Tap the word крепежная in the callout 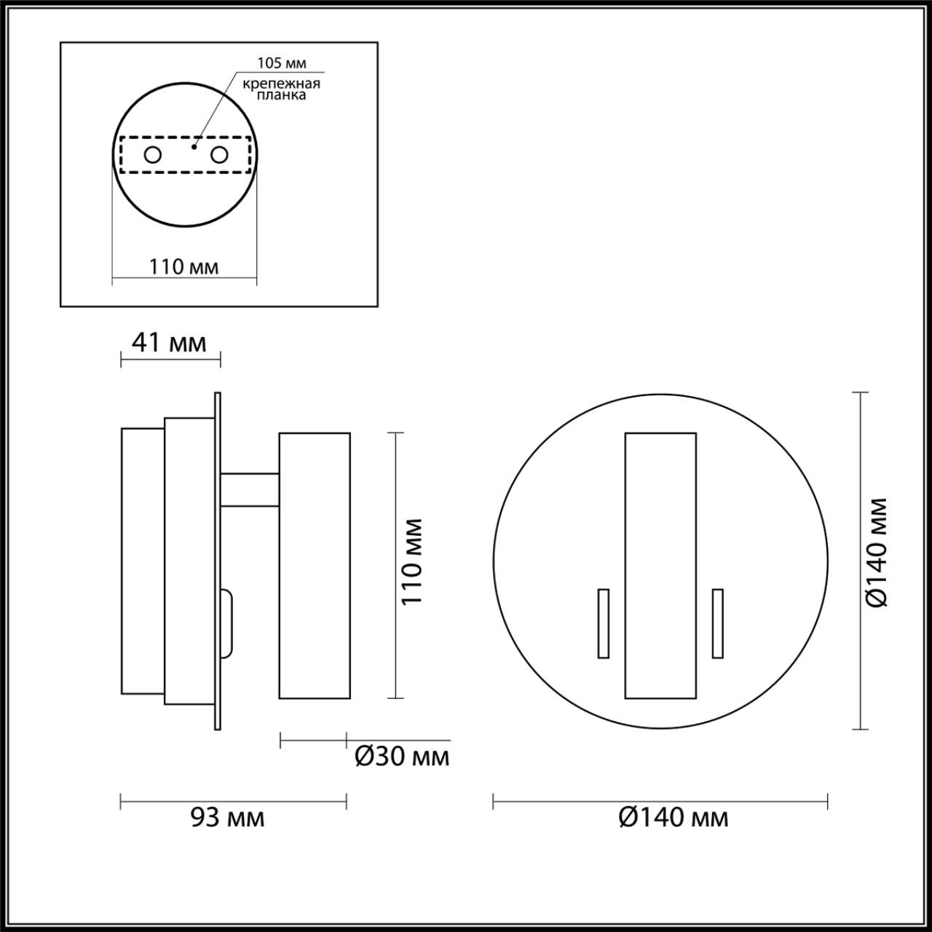pos(281,84)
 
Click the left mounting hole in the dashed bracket pos(153,154)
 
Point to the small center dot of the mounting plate pos(193,146)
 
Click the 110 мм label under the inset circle pos(184,267)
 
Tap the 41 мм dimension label pos(170,341)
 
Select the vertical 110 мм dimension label pos(413,562)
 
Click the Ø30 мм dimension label pos(402,757)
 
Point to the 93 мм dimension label pos(228,818)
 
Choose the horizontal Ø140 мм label pos(674,818)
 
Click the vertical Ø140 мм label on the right pos(877,552)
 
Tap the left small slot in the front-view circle pos(603,623)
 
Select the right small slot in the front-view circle pos(718,623)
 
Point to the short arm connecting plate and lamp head pos(250,489)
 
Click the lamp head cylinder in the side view pos(315,565)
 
